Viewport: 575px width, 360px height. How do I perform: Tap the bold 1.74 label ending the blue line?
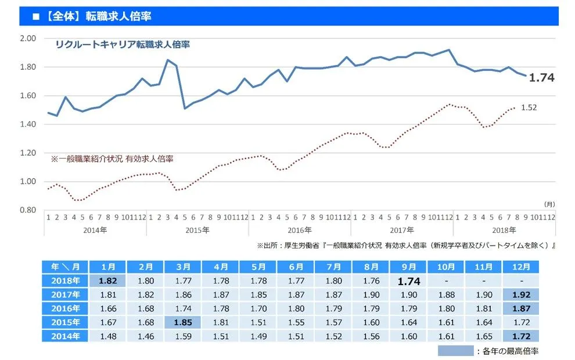[541, 78]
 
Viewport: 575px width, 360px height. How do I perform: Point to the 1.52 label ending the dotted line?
[529, 107]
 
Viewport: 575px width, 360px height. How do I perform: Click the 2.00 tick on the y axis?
[28, 38]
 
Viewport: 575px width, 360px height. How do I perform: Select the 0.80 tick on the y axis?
[28, 210]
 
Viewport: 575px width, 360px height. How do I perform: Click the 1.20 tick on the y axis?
[28, 153]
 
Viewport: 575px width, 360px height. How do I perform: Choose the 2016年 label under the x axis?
[299, 229]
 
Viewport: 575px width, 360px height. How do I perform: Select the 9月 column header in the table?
[409, 267]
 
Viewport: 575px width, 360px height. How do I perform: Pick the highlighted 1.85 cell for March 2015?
[184, 322]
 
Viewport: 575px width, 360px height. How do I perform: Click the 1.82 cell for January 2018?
[109, 280]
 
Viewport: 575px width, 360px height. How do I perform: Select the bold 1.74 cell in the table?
[409, 280]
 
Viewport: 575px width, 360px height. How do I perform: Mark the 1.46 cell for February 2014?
[146, 336]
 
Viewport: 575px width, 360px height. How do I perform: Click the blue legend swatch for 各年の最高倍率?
[455, 351]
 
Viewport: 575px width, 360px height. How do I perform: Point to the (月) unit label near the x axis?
[549, 204]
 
